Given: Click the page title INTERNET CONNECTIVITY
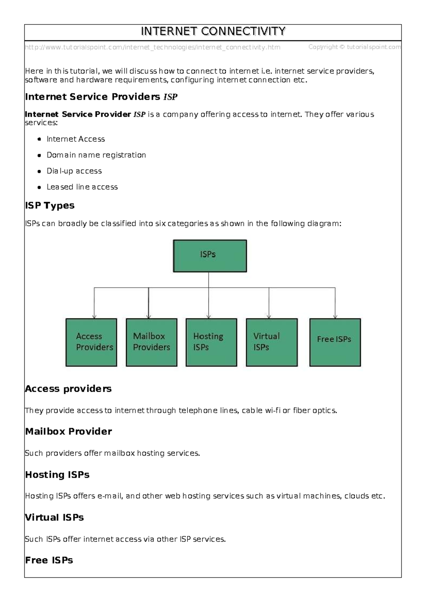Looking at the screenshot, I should tap(213, 32).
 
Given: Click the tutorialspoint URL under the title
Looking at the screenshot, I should tap(153, 47).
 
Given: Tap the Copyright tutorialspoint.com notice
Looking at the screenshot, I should tap(354, 47).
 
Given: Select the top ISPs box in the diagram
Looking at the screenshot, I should tap(210, 256).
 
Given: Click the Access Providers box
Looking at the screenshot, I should tap(91, 342).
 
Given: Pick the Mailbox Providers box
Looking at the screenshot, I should tap(152, 342).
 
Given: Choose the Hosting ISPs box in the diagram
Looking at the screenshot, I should tap(211, 342).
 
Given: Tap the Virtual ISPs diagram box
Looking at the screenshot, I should tap(272, 342).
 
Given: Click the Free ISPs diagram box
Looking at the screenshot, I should tap(335, 342).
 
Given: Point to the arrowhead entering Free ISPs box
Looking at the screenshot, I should tap(335, 317).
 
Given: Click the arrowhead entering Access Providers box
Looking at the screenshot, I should tap(94, 317).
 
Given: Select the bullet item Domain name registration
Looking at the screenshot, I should tap(96, 155).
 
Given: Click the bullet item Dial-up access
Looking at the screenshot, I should tap(74, 171).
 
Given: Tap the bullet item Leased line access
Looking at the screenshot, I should tap(82, 187).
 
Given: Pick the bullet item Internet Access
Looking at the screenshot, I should tap(76, 139).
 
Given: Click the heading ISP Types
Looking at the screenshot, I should tap(50, 206).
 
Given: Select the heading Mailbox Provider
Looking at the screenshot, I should tap(69, 431).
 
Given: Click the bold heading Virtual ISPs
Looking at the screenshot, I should tap(54, 518).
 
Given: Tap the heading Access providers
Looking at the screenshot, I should tap(68, 389).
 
